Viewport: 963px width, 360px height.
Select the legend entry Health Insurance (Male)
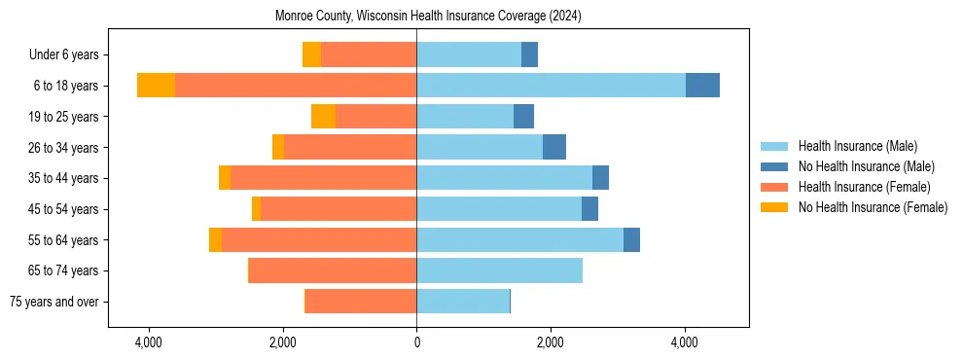[857, 146]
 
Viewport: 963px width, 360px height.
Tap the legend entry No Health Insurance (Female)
[873, 207]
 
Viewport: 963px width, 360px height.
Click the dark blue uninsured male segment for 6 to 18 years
[702, 86]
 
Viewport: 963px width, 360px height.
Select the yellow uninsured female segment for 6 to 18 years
[156, 86]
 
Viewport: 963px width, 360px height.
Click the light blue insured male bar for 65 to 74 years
[499, 270]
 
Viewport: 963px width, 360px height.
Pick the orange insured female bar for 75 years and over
[361, 302]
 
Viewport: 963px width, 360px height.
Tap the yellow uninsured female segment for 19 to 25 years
[323, 117]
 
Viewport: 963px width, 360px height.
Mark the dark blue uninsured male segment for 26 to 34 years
[554, 147]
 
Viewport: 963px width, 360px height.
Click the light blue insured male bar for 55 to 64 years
[519, 239]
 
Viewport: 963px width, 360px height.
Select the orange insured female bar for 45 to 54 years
[339, 209]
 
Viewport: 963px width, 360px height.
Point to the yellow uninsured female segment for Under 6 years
[311, 55]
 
